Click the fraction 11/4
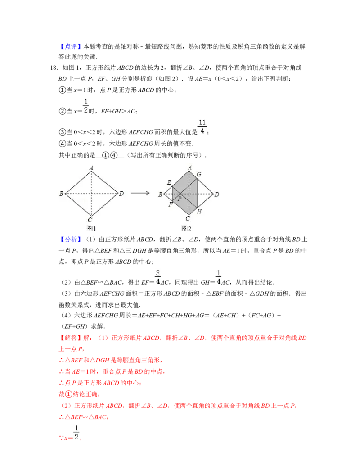point(202,126)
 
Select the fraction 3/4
point(157,277)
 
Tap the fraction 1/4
point(218,277)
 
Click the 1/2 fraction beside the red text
point(77,432)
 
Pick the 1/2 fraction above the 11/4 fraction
point(85,106)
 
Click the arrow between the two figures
point(140,193)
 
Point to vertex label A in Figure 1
point(91,168)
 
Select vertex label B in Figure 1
point(61,194)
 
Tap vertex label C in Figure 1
point(90,220)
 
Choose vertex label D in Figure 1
point(121,194)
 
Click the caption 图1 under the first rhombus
point(91,229)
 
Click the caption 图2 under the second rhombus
point(186,229)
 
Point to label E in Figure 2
point(169,182)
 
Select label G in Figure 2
point(199,174)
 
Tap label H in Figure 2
point(199,212)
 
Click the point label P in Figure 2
point(179,199)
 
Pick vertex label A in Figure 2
point(190,167)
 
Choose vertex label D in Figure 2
point(217,195)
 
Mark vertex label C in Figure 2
point(188,218)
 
